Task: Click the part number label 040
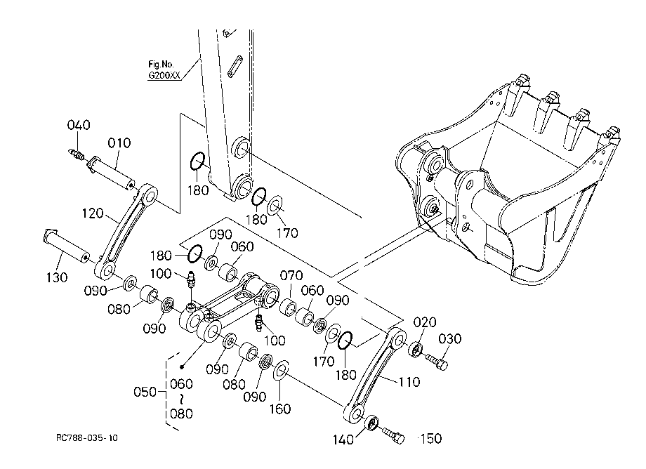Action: pos(79,125)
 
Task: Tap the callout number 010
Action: pos(119,143)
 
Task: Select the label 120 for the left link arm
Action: pos(93,213)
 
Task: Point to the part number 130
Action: pos(56,277)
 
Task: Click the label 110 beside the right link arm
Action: pos(409,382)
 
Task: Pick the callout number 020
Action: pos(425,322)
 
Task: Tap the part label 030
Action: pos(450,339)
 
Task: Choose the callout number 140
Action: pos(343,440)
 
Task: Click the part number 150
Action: pos(430,438)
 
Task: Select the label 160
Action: pos(280,409)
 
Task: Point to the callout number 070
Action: pos(291,275)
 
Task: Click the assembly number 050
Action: pos(145,392)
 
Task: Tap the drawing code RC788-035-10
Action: pos(87,437)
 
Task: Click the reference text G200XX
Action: pos(164,75)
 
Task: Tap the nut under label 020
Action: pos(416,349)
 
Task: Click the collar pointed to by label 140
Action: pos(372,423)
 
